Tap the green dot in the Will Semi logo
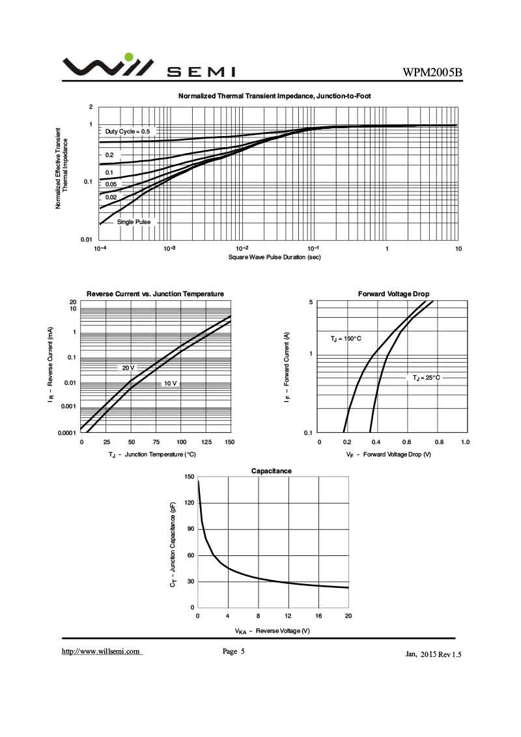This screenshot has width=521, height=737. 129,57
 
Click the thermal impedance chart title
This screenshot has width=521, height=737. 275,96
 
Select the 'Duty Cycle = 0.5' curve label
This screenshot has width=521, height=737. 128,132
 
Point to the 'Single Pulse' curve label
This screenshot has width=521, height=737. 134,222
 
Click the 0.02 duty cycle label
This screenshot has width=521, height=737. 111,197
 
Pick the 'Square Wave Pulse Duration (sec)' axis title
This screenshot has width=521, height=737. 274,257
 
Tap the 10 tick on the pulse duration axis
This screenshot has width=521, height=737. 458,249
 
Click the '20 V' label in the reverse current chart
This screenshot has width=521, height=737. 128,368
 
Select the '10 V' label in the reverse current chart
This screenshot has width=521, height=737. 170,383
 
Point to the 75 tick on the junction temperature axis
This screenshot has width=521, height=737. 156,443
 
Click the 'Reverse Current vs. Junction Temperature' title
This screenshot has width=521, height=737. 155,294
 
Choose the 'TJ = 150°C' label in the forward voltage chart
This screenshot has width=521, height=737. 346,339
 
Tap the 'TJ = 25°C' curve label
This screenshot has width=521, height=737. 426,378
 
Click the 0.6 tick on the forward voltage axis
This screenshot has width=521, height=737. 408,443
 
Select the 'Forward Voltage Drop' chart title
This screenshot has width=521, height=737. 393,294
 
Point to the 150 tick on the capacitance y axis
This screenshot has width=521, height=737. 190,477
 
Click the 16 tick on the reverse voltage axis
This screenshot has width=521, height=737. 318,616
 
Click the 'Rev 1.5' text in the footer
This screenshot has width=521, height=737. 451,655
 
